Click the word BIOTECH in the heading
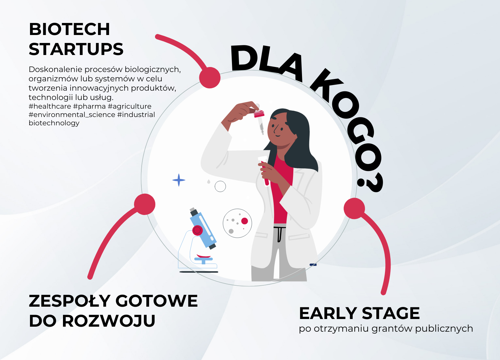coord(69,29)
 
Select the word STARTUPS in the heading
coord(76,49)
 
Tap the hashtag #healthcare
coord(50,106)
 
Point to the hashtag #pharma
coord(89,106)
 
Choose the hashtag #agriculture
coord(129,106)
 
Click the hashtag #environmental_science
coord(72,115)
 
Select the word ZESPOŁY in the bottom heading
coord(69,301)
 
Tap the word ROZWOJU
coord(108,321)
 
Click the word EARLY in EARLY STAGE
coord(328,313)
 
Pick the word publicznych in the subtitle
coord(444,329)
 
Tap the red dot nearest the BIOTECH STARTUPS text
coord(210,78)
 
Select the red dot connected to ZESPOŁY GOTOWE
coord(145,204)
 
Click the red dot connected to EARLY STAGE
coord(354,208)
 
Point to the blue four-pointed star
coord(179,180)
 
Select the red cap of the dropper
coord(259,114)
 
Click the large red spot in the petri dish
coord(245,221)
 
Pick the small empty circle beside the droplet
coord(220,186)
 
